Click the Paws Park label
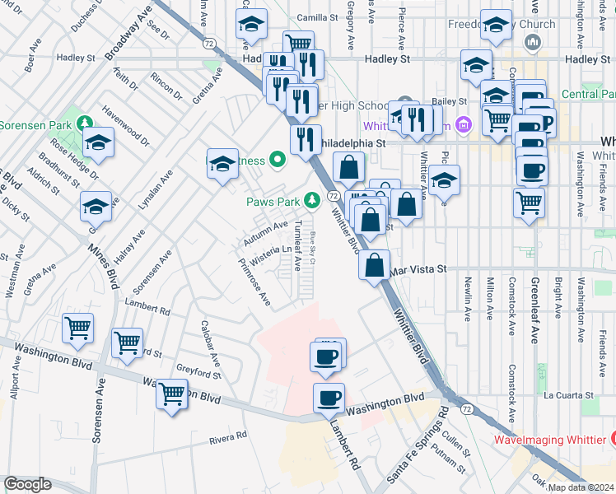(273, 200)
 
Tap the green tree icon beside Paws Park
(312, 200)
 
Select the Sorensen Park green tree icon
(84, 123)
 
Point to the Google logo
(27, 484)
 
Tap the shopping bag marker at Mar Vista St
(374, 265)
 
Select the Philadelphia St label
(352, 142)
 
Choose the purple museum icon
(464, 124)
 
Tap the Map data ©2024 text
(578, 487)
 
